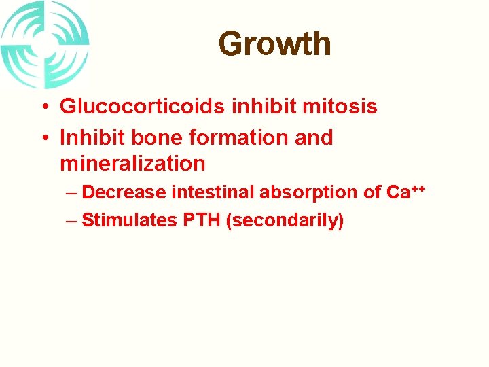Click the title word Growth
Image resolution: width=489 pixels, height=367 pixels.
coord(274,44)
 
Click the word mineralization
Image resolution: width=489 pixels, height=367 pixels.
coord(132,164)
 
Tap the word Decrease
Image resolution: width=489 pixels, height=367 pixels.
coord(124,193)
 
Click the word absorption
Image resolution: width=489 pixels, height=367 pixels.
coord(310,193)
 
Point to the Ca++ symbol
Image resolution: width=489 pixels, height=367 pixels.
coord(405,192)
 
